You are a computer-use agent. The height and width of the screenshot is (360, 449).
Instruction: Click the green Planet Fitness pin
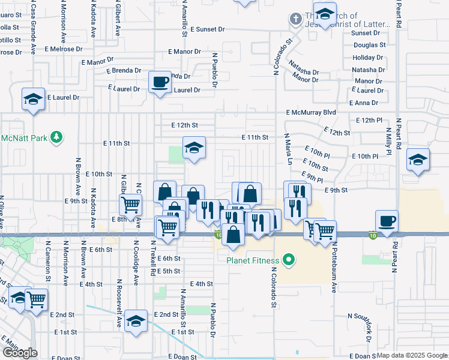click(x=289, y=260)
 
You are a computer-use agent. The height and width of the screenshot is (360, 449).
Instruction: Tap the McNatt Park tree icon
click(x=56, y=138)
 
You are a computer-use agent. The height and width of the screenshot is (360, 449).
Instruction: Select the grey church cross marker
click(x=295, y=19)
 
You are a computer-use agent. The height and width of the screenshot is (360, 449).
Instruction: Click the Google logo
click(x=20, y=353)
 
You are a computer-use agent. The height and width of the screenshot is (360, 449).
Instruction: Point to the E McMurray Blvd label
click(x=311, y=112)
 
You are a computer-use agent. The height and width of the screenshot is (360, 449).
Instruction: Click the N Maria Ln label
click(x=288, y=149)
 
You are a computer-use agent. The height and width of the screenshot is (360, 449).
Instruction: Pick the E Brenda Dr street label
click(x=126, y=71)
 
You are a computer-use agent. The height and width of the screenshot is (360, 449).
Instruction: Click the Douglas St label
click(x=369, y=45)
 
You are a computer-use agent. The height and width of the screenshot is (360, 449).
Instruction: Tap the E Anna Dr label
click(x=367, y=103)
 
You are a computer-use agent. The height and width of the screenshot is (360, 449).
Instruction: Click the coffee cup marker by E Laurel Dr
click(x=160, y=82)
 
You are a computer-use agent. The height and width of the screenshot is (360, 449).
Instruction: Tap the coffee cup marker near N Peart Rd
click(x=387, y=220)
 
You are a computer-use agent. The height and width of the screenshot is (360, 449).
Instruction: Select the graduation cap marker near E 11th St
click(x=194, y=148)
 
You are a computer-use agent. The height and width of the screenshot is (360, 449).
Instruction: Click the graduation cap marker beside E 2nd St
click(x=136, y=321)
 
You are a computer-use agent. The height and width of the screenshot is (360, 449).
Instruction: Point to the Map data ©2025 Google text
click(x=412, y=355)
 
